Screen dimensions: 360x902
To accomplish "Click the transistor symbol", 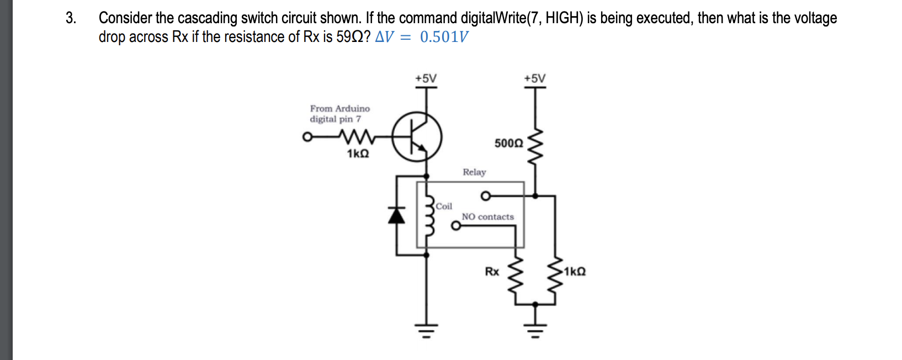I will pyautogui.click(x=417, y=137).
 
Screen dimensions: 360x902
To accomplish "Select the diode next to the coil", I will pyautogui.click(x=396, y=215).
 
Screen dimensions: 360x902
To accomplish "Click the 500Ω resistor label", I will pyautogui.click(x=508, y=144).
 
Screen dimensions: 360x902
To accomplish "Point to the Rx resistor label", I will pyautogui.click(x=492, y=272).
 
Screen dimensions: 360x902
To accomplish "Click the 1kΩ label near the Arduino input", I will pyautogui.click(x=358, y=154).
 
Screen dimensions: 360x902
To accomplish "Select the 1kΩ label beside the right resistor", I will pyautogui.click(x=575, y=272).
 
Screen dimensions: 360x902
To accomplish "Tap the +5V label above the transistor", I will pyautogui.click(x=426, y=78).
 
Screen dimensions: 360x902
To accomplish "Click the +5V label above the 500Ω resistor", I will pyautogui.click(x=534, y=78).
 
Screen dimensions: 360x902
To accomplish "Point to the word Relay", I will pyautogui.click(x=474, y=172).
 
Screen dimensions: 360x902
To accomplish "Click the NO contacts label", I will pyautogui.click(x=487, y=217).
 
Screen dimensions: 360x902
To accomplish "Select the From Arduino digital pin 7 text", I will pyautogui.click(x=339, y=114).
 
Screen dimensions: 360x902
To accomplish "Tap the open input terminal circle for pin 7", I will pyautogui.click(x=307, y=137).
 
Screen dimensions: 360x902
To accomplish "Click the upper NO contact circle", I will pyautogui.click(x=485, y=195).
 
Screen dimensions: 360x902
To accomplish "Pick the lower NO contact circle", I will pyautogui.click(x=455, y=226).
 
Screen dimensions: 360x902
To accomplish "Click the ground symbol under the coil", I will pyautogui.click(x=426, y=331).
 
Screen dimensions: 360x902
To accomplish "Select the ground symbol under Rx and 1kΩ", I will pyautogui.click(x=534, y=331).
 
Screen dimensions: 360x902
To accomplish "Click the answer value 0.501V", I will pyautogui.click(x=444, y=37).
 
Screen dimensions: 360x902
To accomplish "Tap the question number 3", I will pyautogui.click(x=70, y=18).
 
